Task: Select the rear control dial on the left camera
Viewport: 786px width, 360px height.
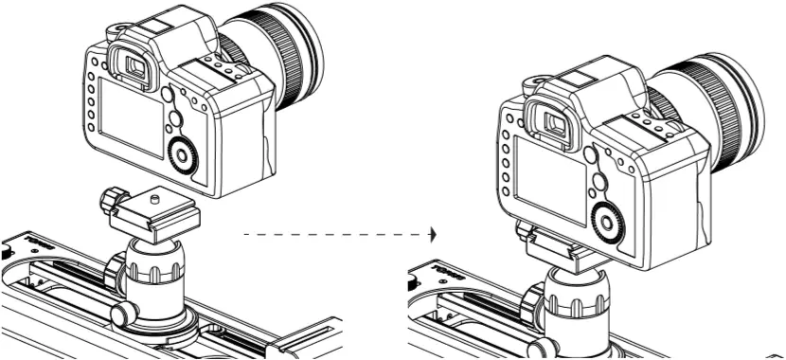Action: click(181, 154)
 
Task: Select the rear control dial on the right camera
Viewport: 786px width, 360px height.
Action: click(605, 220)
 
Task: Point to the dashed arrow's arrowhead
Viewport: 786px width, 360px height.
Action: click(434, 231)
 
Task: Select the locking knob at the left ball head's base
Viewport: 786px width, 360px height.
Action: click(121, 314)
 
